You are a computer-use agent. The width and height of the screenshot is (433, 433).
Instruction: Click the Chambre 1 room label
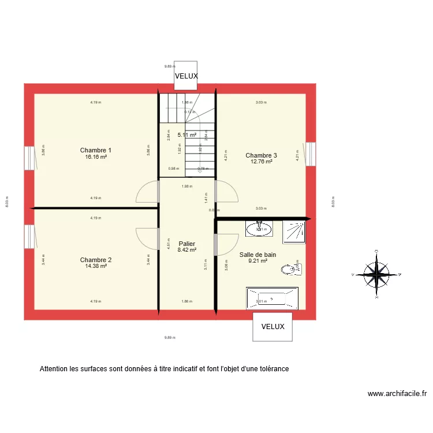point(96,150)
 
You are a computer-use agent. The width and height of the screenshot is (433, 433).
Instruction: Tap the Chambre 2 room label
point(96,260)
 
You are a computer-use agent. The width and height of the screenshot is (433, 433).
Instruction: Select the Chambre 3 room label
point(261,155)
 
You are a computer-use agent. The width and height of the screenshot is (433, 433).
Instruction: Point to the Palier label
point(187,244)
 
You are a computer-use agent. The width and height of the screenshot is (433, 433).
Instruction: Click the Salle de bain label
point(257,254)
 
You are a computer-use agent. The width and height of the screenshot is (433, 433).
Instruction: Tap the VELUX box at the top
point(186,76)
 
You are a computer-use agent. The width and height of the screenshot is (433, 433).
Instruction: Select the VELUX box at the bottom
point(273,327)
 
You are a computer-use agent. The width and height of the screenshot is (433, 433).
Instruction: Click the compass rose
point(376,275)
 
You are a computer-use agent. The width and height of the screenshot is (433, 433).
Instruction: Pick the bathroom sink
point(259,229)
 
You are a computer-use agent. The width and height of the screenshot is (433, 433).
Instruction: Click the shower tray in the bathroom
point(293,232)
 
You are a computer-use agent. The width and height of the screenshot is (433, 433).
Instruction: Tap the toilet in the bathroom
point(289,269)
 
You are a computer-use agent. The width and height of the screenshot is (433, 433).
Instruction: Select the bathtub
point(272,298)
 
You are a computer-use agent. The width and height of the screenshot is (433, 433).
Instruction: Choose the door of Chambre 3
point(226,191)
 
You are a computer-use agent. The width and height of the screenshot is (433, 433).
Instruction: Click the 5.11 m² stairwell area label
point(186,135)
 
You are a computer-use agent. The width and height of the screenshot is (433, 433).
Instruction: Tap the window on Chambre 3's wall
point(311,154)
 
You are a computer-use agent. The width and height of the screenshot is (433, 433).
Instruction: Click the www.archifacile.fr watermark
point(397,394)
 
